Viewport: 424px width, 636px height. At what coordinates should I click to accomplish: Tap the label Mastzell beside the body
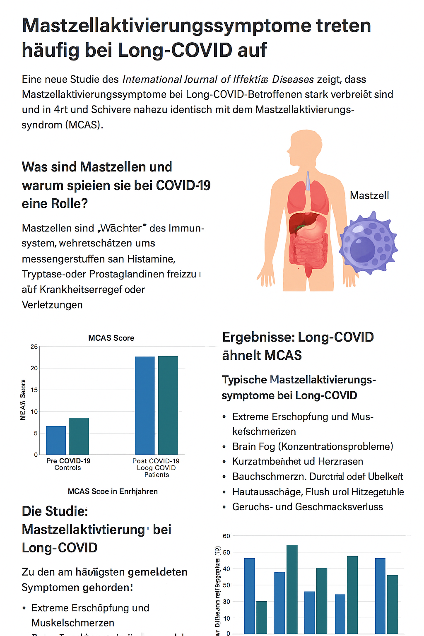[x=369, y=195]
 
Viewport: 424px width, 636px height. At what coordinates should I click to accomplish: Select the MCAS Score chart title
[x=111, y=338]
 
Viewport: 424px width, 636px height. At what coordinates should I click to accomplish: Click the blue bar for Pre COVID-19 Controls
[x=56, y=440]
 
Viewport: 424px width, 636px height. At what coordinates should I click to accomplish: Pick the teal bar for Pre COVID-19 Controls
[x=79, y=436]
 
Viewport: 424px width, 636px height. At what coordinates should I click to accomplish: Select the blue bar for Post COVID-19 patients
[x=145, y=405]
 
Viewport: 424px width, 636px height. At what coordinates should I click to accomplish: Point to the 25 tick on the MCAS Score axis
[x=34, y=347]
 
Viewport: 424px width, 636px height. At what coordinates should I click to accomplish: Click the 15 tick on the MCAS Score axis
[x=34, y=390]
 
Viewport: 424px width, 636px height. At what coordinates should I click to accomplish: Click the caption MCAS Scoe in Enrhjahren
[x=113, y=491]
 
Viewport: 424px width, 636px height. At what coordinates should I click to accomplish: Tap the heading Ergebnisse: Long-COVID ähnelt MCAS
[x=298, y=346]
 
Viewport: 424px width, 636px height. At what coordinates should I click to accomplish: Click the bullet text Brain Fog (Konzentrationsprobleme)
[x=313, y=446]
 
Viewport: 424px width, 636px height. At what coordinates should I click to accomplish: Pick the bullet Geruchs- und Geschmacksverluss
[x=308, y=507]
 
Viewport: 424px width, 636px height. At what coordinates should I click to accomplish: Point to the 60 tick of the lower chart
[x=226, y=536]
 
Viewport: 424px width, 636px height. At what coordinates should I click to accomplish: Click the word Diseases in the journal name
[x=293, y=79]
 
